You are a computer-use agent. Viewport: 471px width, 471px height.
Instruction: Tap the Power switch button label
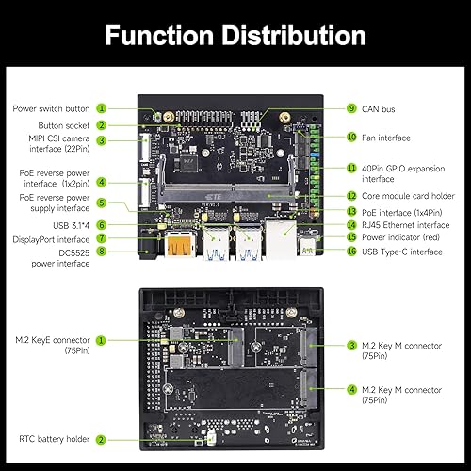point(52,108)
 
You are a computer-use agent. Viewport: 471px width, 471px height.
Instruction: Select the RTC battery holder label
point(54,439)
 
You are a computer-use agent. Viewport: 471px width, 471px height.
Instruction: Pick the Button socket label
point(64,124)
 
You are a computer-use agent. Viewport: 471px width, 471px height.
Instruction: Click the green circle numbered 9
point(351,108)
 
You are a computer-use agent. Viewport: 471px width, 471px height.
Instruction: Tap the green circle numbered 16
point(351,252)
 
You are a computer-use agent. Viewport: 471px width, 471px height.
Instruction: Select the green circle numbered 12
point(351,195)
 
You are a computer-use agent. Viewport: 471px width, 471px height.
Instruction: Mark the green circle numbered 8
point(101,252)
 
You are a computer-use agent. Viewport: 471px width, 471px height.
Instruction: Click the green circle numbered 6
point(101,224)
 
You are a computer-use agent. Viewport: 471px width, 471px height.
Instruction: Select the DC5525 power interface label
point(53,258)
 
